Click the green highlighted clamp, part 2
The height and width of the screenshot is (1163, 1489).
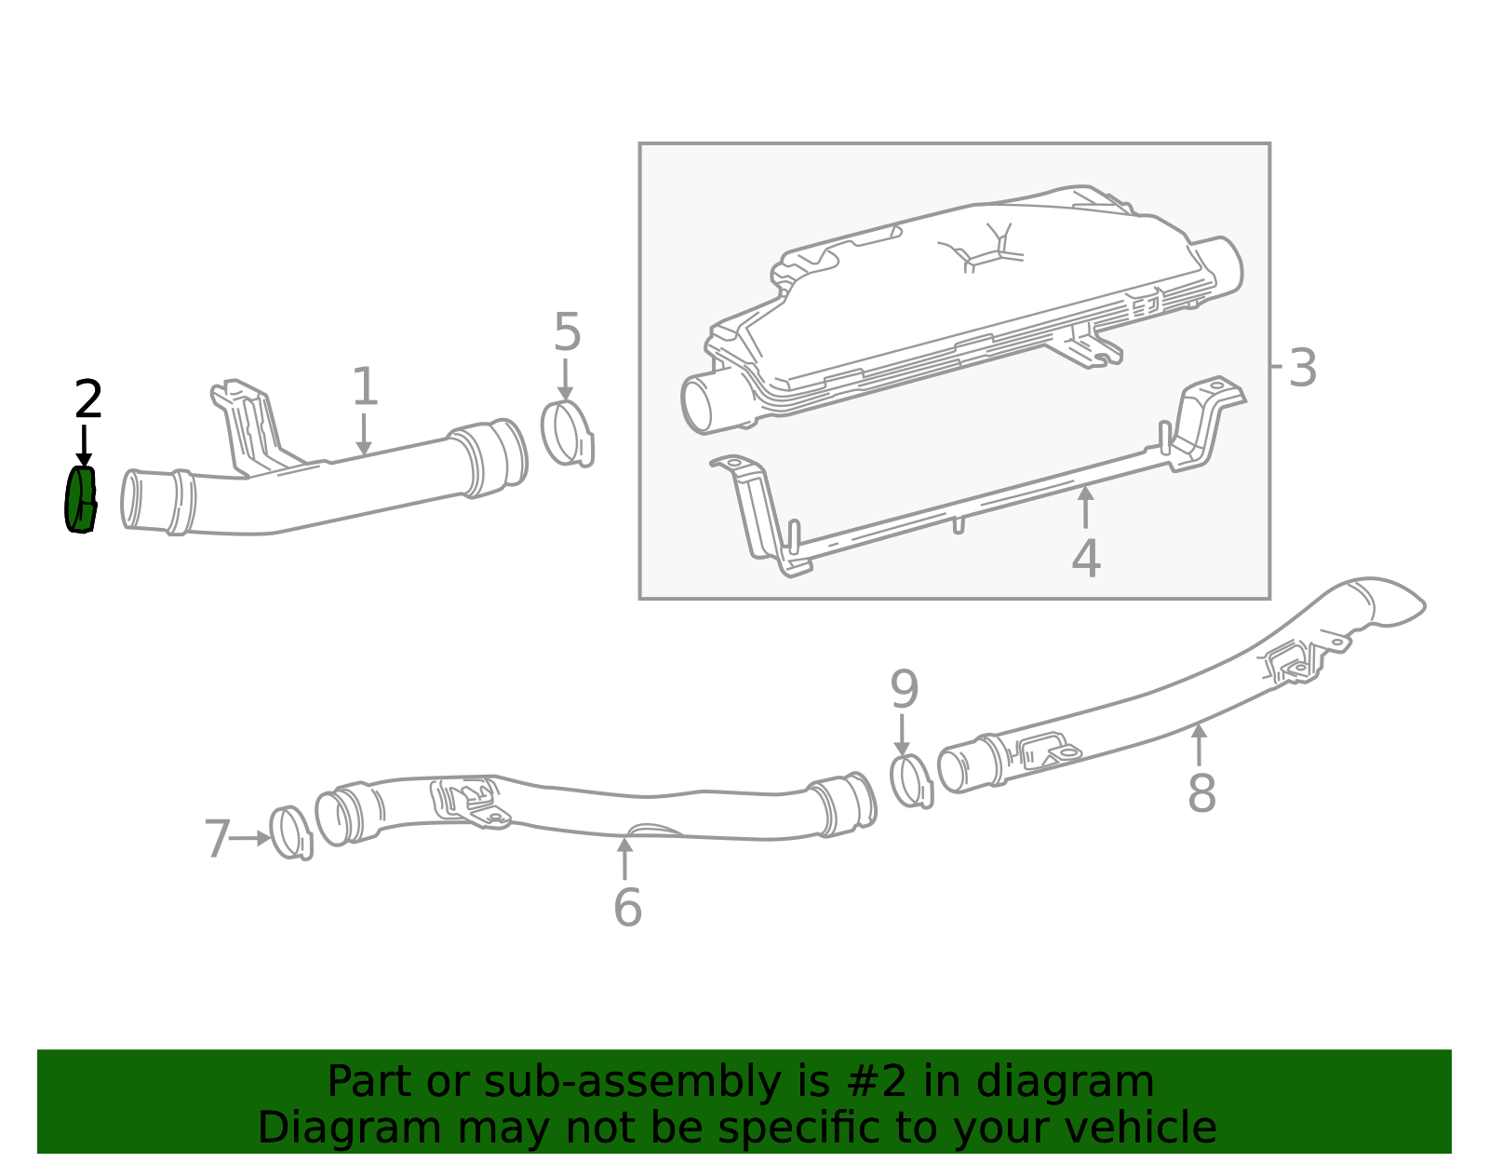(x=80, y=500)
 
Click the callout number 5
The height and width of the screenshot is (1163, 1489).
(x=567, y=332)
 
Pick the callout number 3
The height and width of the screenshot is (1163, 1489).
(x=1302, y=368)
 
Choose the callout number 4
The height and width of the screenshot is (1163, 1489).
(x=1086, y=559)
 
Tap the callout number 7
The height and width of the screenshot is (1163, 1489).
(x=218, y=839)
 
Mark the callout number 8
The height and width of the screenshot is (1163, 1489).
(x=1201, y=793)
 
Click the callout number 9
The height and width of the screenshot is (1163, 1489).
(x=904, y=689)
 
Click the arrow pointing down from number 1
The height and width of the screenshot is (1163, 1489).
(x=363, y=435)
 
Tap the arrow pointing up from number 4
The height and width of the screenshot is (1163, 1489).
(x=1085, y=507)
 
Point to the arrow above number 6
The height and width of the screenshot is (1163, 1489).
(x=624, y=858)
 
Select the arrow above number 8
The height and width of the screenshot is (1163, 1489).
(x=1199, y=745)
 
